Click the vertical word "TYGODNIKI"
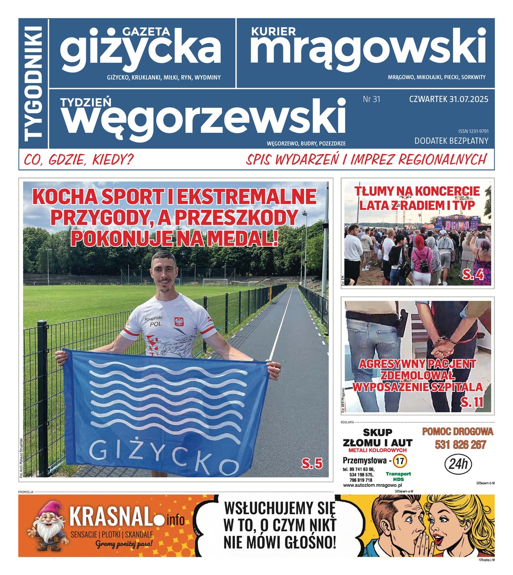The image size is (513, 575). pos(34,83)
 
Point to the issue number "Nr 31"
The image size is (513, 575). pos(372,100)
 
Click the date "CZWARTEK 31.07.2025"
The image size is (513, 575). pos(448,100)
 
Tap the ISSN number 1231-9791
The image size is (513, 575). pos(473,131)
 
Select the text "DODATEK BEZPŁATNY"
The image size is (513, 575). pos(451,140)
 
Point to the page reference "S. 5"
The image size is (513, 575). pos(312,463)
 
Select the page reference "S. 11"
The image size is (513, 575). pos(472,403)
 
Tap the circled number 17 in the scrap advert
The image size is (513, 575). pos(401,461)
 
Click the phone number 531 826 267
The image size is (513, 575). pos(460,445)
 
